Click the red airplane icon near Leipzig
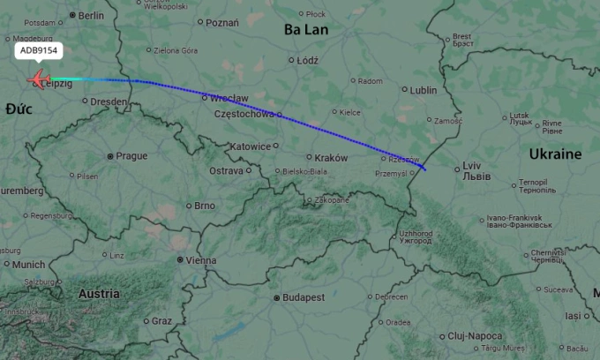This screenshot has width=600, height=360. click(39, 81)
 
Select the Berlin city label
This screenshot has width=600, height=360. click(91, 15)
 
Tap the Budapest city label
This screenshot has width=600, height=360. click(304, 297)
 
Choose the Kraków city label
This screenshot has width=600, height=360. click(331, 157)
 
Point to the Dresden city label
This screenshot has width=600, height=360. click(109, 101)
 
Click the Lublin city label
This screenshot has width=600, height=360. click(423, 90)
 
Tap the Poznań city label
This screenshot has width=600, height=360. click(221, 23)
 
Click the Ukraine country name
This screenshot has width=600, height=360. click(555, 154)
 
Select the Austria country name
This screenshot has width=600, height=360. click(99, 293)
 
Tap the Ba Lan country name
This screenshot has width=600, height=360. click(305, 29)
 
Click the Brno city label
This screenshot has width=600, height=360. click(204, 206)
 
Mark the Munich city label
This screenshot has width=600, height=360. click(28, 264)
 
